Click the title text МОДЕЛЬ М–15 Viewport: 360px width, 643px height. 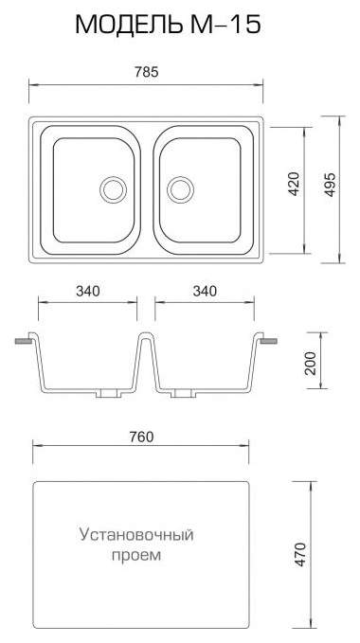click(x=168, y=25)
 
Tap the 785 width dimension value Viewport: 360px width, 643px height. click(x=147, y=72)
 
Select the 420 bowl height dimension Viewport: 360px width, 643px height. click(x=295, y=184)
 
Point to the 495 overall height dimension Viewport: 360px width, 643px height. click(x=330, y=185)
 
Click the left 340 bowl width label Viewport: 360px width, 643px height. click(x=88, y=291)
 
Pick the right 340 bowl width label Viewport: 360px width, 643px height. click(x=205, y=291)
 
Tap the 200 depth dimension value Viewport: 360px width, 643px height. click(x=311, y=363)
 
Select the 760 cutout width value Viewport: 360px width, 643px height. click(x=141, y=438)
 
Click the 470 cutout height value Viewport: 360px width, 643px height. click(x=300, y=554)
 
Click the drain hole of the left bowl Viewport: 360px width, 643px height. click(x=113, y=189)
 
